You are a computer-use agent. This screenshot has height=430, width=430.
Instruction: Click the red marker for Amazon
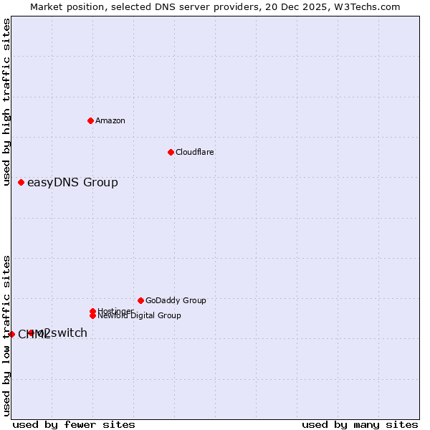click(90, 120)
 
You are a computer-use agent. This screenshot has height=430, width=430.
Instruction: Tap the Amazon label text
click(110, 120)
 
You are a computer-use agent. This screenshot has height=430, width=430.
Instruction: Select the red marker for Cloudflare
click(171, 152)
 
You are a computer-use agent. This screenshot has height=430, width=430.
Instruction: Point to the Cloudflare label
click(195, 152)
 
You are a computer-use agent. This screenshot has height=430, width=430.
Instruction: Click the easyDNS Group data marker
click(21, 183)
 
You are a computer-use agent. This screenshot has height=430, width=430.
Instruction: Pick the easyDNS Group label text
click(72, 183)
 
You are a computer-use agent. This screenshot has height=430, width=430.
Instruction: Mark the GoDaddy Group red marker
click(140, 300)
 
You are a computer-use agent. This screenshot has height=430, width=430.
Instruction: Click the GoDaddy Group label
click(176, 301)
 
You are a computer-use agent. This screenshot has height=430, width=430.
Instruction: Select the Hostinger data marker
click(93, 311)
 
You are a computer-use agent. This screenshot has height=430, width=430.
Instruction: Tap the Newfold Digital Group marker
click(93, 315)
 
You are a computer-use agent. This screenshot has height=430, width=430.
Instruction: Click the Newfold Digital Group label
click(140, 316)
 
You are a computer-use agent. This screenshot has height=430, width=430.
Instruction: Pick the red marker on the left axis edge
click(11, 334)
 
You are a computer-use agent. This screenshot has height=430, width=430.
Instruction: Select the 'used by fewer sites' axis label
click(74, 424)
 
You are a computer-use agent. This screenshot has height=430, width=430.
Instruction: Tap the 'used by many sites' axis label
click(360, 424)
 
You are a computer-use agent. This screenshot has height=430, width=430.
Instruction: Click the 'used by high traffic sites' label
click(6, 102)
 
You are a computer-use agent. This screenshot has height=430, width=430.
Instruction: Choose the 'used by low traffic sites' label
click(6, 335)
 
